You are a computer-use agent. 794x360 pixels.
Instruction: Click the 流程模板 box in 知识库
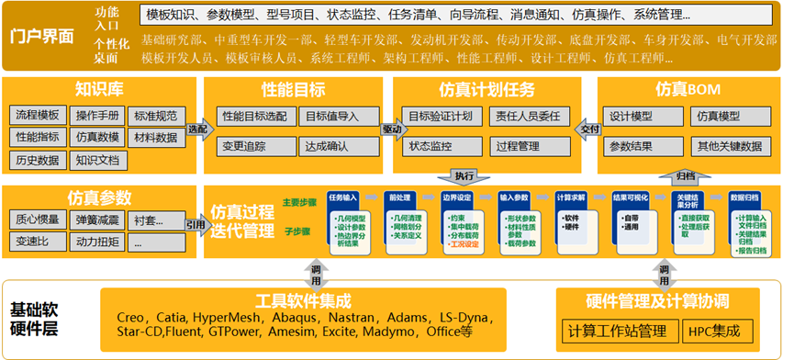coord(37,116)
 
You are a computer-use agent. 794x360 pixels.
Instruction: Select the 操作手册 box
coord(97,116)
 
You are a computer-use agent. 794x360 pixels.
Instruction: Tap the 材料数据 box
coord(155,138)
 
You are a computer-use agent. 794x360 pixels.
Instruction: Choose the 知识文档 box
coord(97,160)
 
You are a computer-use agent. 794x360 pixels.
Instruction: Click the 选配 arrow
coord(197,129)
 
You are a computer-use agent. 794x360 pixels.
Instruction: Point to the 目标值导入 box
coord(332,117)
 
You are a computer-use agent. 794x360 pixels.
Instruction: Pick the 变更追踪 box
coord(243,145)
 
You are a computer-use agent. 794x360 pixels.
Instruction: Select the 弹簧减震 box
coord(97,220)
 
